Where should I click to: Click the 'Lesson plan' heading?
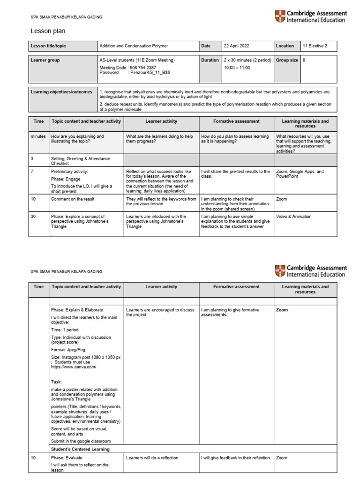(48, 31)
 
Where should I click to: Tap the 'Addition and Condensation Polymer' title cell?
(134, 46)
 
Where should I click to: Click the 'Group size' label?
(287, 60)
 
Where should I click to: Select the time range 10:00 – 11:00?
(237, 67)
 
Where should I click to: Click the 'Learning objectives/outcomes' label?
(61, 92)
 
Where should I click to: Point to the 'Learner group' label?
(45, 60)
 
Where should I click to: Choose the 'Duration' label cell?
(210, 60)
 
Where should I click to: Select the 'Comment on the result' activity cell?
(73, 199)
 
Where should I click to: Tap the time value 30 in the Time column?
(33, 217)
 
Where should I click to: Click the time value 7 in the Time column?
(32, 172)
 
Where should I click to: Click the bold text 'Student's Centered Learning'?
(80, 449)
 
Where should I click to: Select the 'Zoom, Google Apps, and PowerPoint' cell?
(300, 174)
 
